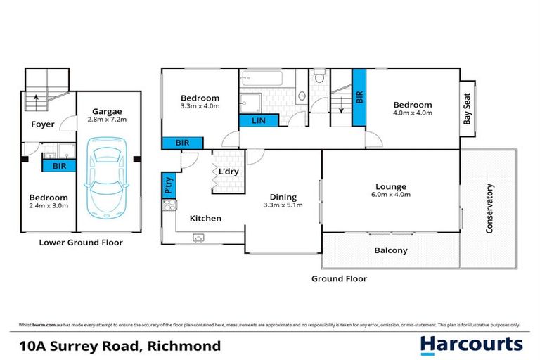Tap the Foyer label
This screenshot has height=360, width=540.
[43, 124]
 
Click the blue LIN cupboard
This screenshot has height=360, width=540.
[258, 121]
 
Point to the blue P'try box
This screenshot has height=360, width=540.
[169, 186]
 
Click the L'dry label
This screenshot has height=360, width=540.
[226, 172]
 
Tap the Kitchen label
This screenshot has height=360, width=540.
[205, 219]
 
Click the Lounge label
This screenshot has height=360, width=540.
[391, 186]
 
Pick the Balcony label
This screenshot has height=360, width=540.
[390, 250]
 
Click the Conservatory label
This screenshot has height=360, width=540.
[489, 208]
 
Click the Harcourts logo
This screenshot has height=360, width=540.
[472, 344]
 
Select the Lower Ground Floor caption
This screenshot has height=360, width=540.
[80, 243]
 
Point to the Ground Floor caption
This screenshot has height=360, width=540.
[339, 278]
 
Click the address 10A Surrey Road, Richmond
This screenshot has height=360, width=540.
[116, 345]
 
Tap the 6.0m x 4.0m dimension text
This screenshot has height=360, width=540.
[391, 195]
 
